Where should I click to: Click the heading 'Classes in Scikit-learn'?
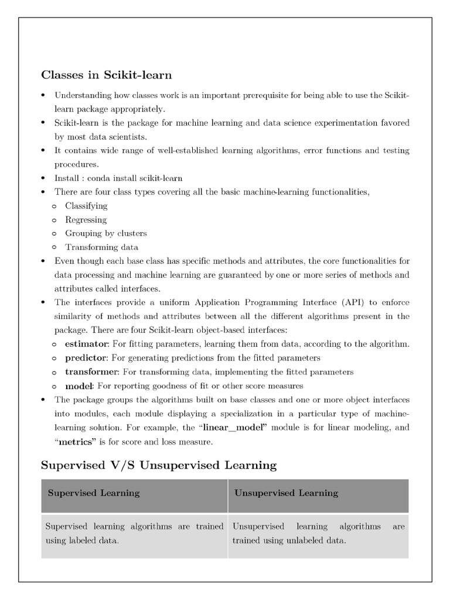tap(106, 75)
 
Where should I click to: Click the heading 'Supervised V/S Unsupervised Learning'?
tap(158, 465)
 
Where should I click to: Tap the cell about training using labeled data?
tap(134, 533)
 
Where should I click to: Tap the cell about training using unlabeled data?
tap(318, 533)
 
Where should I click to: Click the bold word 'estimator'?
tap(86, 343)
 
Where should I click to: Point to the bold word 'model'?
tap(79, 385)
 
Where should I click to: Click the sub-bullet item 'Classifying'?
tap(86, 206)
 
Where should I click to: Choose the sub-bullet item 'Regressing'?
tap(86, 220)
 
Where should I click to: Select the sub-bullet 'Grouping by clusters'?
tap(105, 233)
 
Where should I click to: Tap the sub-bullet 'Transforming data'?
tap(101, 247)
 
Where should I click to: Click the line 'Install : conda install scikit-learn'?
tap(118, 178)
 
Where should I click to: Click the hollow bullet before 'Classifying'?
tap(54, 206)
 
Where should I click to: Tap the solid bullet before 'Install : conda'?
tap(44, 178)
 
